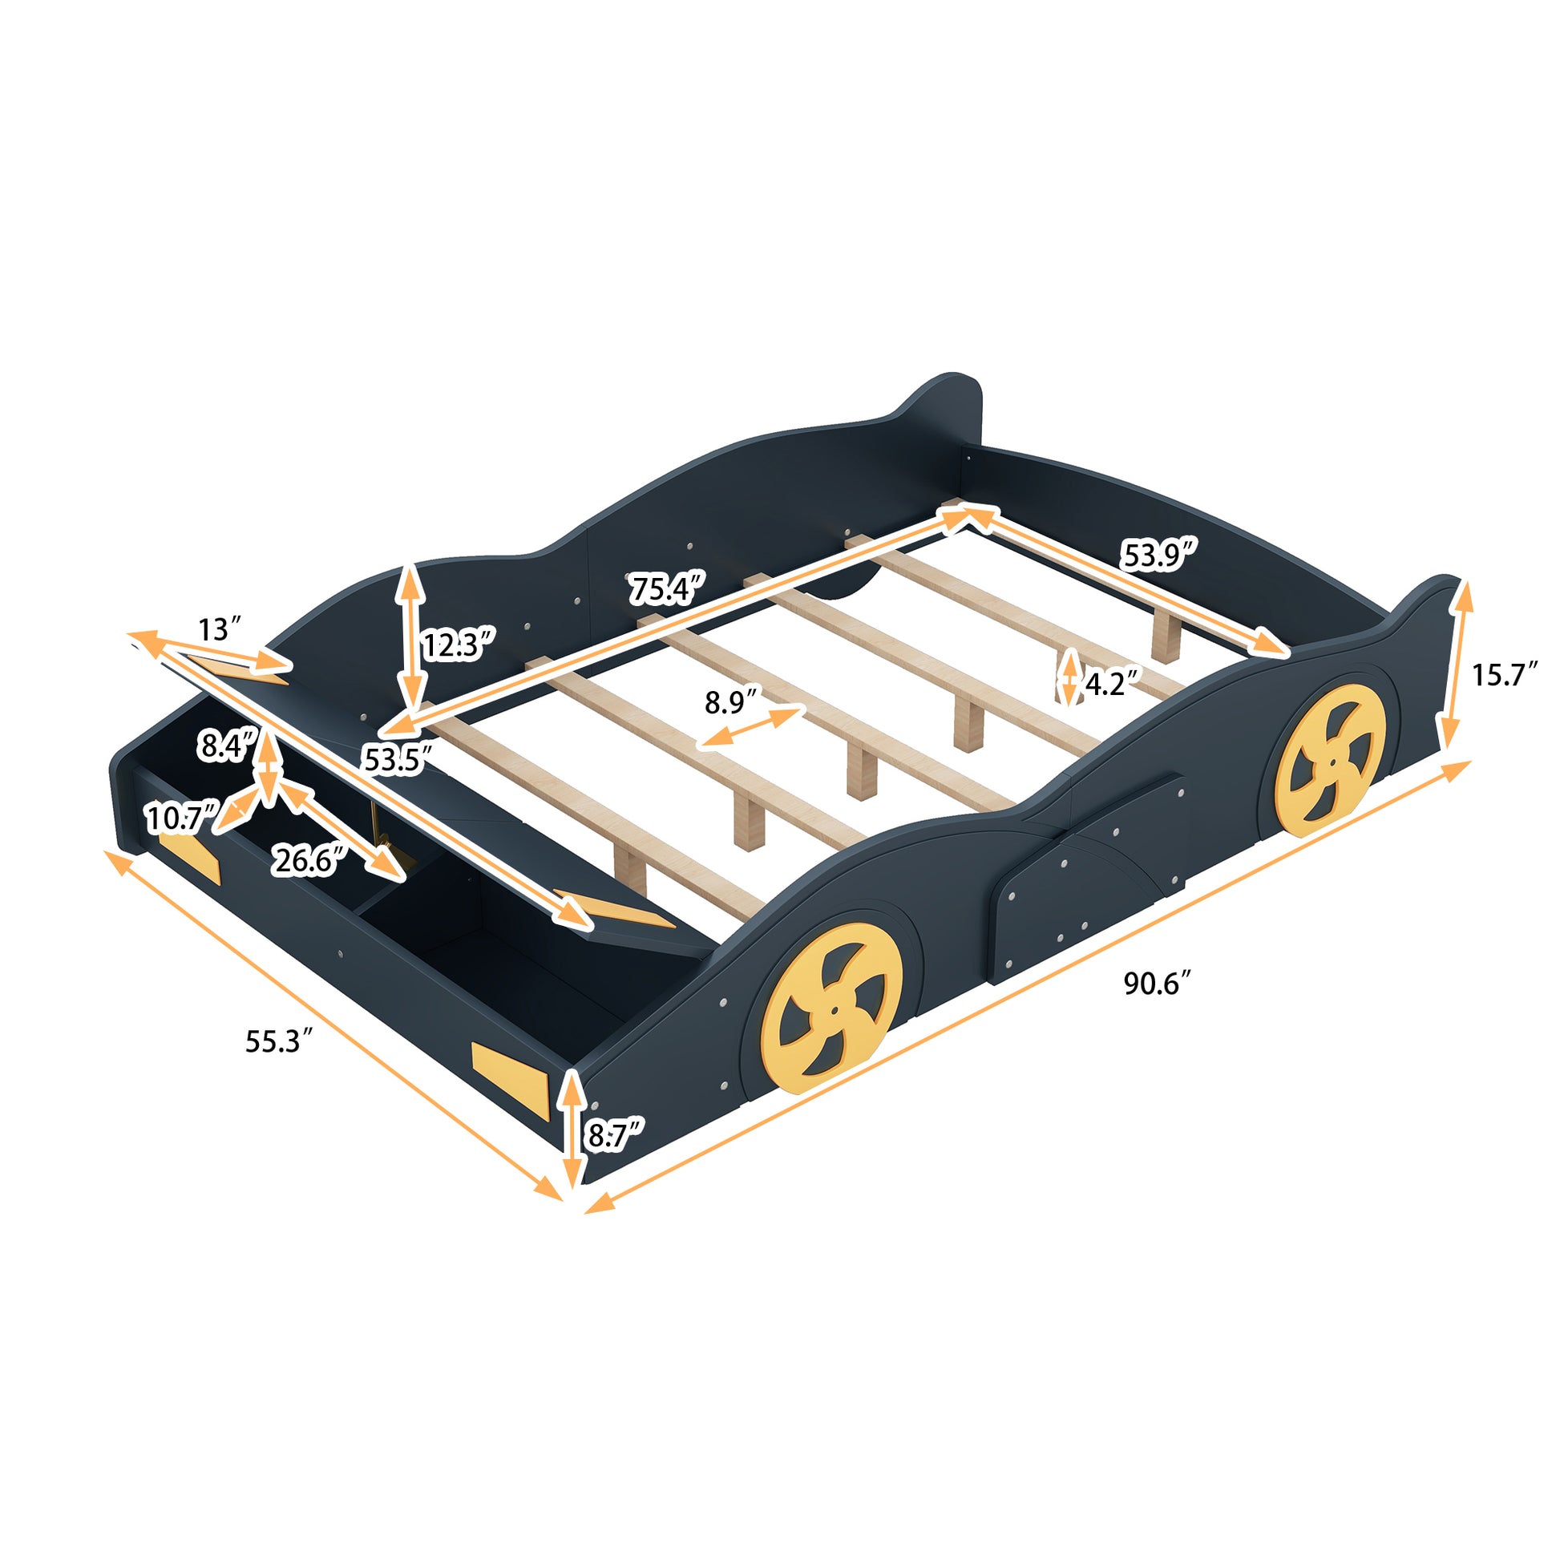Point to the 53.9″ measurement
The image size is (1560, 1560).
(1157, 554)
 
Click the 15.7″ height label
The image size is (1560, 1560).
(1502, 674)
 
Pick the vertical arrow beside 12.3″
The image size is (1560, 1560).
(411, 637)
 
